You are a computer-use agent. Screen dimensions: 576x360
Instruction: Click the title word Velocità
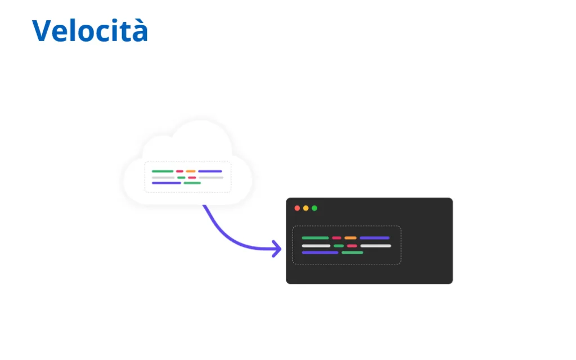pos(90,30)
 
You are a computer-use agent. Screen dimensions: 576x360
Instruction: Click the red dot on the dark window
pos(297,208)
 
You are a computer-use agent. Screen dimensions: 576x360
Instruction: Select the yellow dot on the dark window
pos(305,208)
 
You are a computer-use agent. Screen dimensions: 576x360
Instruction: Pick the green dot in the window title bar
pos(314,208)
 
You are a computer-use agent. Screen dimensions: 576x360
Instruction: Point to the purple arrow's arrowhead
pos(277,249)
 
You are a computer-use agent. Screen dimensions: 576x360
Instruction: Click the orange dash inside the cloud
pos(191,171)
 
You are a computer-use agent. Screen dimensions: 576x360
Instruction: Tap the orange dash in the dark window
pos(350,238)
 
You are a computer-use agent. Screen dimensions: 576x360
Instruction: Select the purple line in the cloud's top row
pos(210,171)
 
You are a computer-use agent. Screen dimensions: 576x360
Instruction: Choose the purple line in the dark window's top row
pos(374,238)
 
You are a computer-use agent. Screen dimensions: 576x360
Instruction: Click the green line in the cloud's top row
pos(163,171)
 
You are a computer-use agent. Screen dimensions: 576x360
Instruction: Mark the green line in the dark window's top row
pos(315,238)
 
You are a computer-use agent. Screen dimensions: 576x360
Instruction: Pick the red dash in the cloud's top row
pos(179,171)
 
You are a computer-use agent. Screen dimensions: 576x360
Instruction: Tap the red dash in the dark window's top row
pos(336,238)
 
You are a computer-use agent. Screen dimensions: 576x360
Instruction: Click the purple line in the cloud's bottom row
pos(166,183)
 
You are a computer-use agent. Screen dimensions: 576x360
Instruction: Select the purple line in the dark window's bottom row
pos(320,253)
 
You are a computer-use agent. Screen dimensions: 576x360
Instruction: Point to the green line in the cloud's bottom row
pos(192,183)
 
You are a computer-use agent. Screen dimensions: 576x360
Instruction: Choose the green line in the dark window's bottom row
pos(352,253)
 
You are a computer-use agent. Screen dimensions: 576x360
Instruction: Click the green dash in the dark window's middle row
pos(339,246)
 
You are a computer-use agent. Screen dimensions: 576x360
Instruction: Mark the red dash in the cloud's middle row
pos(192,177)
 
